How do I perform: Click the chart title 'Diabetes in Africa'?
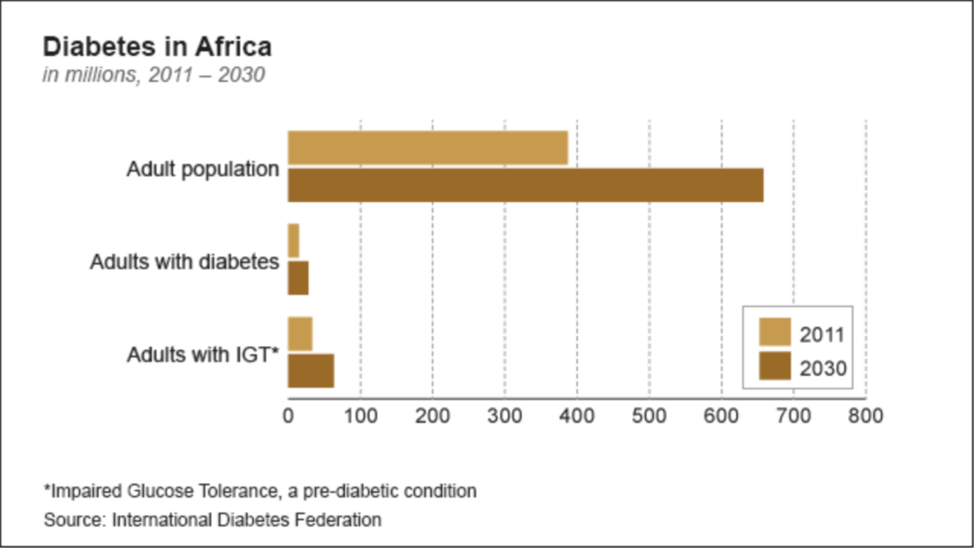157,46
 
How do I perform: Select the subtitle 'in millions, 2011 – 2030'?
154,76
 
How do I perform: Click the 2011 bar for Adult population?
428,148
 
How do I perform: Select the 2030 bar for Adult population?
525,185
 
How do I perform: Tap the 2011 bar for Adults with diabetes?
294,240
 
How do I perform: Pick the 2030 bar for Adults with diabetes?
298,278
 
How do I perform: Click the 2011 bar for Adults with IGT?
300,334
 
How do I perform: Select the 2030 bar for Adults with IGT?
311,371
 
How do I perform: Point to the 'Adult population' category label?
202,170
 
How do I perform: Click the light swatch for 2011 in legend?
774,333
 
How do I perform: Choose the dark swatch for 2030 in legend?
774,367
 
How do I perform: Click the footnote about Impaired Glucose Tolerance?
260,491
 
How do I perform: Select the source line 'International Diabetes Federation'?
213,520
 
